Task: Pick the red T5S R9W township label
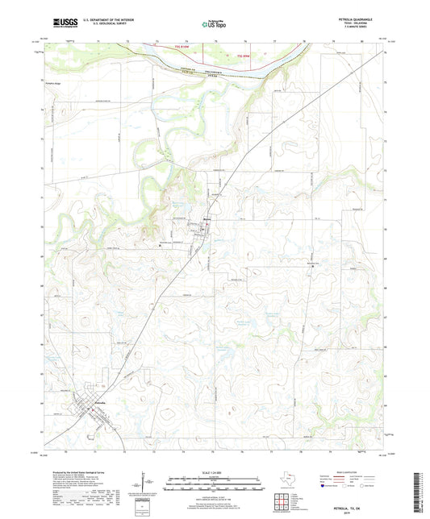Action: click(243, 56)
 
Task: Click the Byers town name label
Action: click(207, 217)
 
